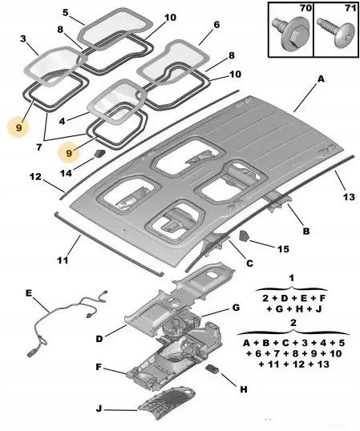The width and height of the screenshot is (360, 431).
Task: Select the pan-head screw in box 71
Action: [x=336, y=34]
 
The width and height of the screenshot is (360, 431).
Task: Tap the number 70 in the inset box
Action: [x=305, y=8]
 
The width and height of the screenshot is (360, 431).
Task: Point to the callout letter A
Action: [x=321, y=79]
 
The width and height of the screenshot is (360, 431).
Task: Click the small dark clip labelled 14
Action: [x=100, y=153]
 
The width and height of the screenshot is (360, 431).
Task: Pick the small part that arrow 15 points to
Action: [x=244, y=236]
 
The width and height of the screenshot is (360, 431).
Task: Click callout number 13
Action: [x=349, y=197]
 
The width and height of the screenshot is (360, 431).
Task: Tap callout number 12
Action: [x=35, y=176]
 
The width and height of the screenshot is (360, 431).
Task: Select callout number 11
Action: [x=63, y=260]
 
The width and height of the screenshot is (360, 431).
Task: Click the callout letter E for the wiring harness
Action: [x=29, y=293]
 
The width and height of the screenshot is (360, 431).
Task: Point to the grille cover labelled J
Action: [x=167, y=402]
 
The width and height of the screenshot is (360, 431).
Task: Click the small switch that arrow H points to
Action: [x=212, y=369]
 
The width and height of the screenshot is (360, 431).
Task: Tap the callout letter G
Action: [x=236, y=308]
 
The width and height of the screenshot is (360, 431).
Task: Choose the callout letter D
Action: [x=99, y=339]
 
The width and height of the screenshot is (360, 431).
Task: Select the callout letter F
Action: [x=99, y=367]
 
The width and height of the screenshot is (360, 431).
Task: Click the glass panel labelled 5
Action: [x=115, y=30]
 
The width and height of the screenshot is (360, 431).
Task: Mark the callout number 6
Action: [x=216, y=25]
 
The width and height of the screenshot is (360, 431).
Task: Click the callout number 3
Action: [x=23, y=38]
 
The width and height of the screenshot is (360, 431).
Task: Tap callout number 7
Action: [x=39, y=147]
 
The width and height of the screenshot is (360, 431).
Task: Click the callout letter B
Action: [x=306, y=231]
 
